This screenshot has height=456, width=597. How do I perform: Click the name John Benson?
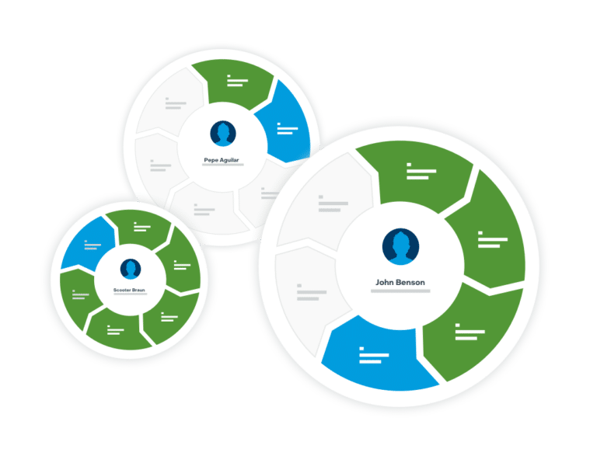click(x=400, y=283)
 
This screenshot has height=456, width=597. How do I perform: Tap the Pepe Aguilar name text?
click(x=222, y=160)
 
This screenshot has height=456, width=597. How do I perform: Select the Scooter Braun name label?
click(x=129, y=290)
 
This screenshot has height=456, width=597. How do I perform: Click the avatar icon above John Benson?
click(x=400, y=246)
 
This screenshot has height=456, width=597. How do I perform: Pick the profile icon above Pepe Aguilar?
click(x=223, y=134)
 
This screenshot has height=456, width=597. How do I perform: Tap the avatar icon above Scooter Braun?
click(x=131, y=269)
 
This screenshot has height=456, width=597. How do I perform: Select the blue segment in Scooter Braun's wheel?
click(x=89, y=244)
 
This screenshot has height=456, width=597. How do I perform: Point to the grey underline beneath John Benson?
click(x=400, y=291)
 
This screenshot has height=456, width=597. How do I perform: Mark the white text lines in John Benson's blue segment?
click(x=374, y=355)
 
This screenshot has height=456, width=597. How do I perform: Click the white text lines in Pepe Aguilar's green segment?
click(x=237, y=81)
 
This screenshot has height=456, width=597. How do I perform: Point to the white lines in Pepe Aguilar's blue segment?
click(x=287, y=129)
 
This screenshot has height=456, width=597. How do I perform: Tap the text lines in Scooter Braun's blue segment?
click(x=93, y=245)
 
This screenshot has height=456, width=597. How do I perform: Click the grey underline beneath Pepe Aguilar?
click(x=223, y=165)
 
